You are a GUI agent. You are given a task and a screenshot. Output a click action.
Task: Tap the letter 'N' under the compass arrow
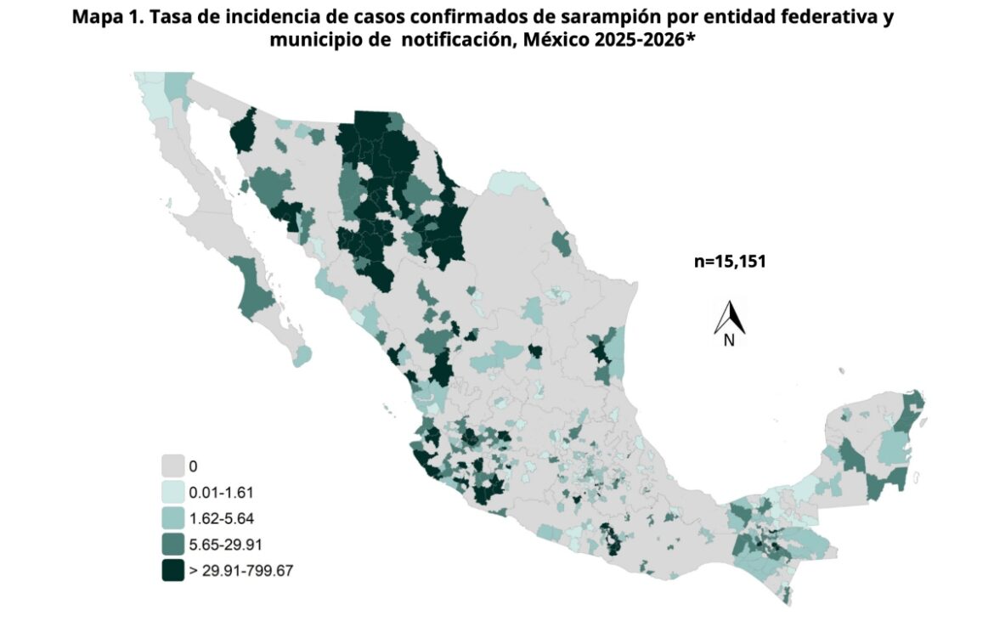tap(728, 341)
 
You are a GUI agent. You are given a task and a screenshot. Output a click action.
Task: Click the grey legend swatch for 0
tap(173, 466)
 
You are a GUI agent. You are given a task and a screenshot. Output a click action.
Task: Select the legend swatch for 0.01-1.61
tap(173, 492)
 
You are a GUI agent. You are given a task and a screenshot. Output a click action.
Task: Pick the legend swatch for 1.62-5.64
tap(173, 518)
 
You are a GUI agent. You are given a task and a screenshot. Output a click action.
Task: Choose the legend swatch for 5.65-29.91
tap(173, 545)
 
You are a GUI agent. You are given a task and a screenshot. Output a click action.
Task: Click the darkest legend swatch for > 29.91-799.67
tap(173, 571)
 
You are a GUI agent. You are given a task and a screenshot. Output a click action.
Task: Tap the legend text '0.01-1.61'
tap(222, 492)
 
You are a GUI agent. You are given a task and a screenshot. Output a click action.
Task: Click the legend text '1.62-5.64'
tap(222, 518)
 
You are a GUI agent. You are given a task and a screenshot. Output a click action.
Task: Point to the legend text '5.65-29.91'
tap(225, 545)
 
